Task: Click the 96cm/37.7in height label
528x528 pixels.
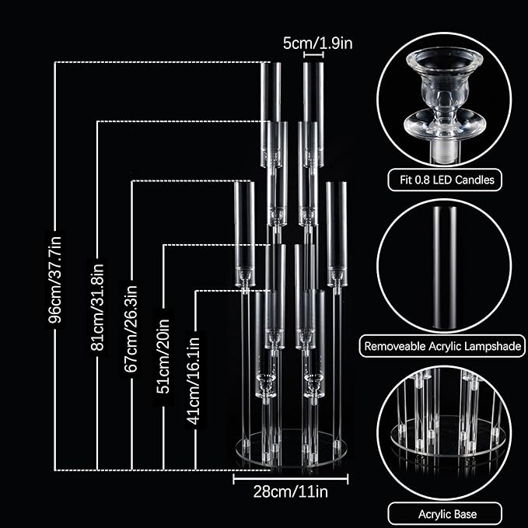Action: (55, 279)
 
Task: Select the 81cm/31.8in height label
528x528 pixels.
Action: (97, 306)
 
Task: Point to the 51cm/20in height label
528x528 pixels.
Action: (163, 356)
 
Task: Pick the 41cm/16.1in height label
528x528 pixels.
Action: (194, 381)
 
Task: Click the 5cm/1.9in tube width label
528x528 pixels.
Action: (317, 44)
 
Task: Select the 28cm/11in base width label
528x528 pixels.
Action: (291, 491)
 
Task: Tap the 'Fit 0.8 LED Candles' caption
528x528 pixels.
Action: (447, 180)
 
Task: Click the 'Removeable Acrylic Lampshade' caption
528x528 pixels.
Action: (442, 346)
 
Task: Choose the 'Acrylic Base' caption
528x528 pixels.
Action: (448, 514)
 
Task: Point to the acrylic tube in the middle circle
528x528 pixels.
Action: (445, 267)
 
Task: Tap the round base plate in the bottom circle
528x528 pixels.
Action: (448, 436)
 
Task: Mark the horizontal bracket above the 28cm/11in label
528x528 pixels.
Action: (291, 479)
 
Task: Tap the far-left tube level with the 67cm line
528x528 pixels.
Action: (244, 234)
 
